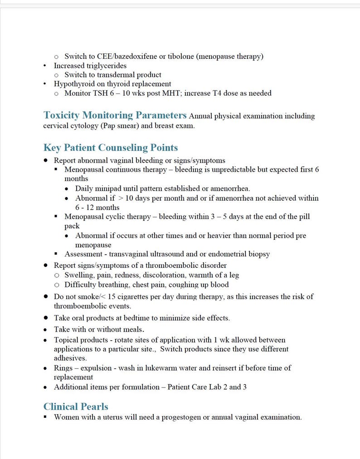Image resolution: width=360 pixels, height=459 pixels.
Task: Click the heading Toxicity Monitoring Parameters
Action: (x=115, y=115)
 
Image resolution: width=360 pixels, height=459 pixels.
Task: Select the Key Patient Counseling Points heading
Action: (x=111, y=148)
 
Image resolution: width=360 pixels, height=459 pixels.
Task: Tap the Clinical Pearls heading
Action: (x=76, y=406)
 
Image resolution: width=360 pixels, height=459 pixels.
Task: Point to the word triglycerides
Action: (x=104, y=66)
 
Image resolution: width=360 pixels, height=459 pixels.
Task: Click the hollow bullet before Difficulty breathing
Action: (x=57, y=285)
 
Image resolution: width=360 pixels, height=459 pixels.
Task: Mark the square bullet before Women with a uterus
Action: (x=46, y=417)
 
